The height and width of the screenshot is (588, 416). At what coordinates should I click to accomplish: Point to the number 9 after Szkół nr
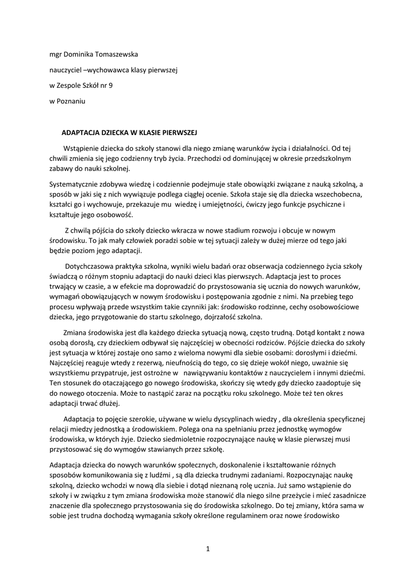coord(111,86)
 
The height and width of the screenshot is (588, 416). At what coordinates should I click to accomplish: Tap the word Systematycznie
coord(76,184)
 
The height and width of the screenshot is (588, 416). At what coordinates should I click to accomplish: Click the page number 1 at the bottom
coord(208,549)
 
